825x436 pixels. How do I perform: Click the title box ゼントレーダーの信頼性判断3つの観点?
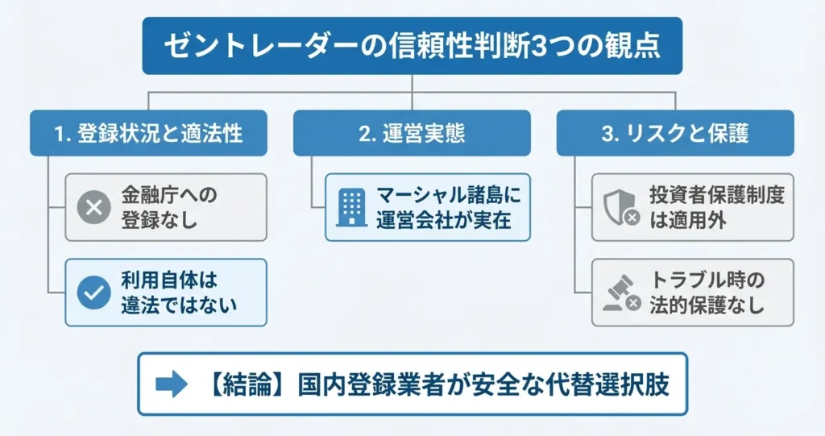tap(412, 46)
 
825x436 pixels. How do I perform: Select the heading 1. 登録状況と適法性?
tap(148, 134)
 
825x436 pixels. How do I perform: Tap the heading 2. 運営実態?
tap(412, 134)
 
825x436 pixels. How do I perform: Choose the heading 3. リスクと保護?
tap(675, 134)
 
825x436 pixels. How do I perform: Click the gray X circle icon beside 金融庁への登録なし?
tap(93, 207)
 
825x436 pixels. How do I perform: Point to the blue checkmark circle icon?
tap(93, 292)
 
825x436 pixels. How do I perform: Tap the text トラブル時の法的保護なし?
tap(707, 293)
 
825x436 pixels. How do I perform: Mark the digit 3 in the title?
tap(533, 46)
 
